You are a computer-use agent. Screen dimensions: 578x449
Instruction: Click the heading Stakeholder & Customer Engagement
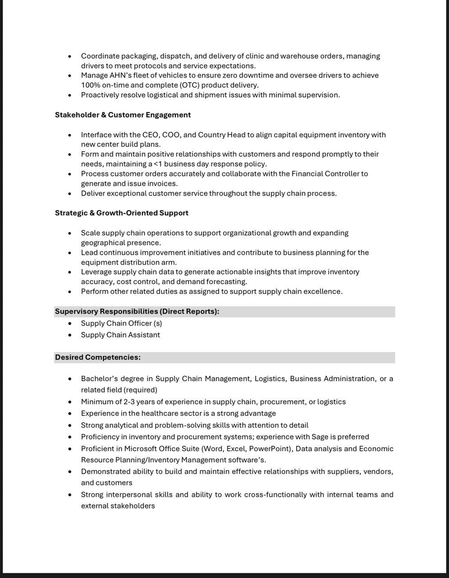(x=123, y=115)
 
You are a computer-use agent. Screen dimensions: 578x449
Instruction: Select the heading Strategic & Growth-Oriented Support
(x=122, y=213)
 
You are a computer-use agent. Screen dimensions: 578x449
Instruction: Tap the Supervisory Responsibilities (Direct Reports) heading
(x=137, y=312)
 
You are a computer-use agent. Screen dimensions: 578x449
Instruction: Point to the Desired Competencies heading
(x=98, y=357)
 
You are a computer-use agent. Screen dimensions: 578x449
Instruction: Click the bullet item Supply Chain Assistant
(x=120, y=335)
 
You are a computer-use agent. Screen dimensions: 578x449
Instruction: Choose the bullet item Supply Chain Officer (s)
(x=121, y=323)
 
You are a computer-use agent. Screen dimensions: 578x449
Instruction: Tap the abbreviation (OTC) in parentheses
(x=189, y=85)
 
